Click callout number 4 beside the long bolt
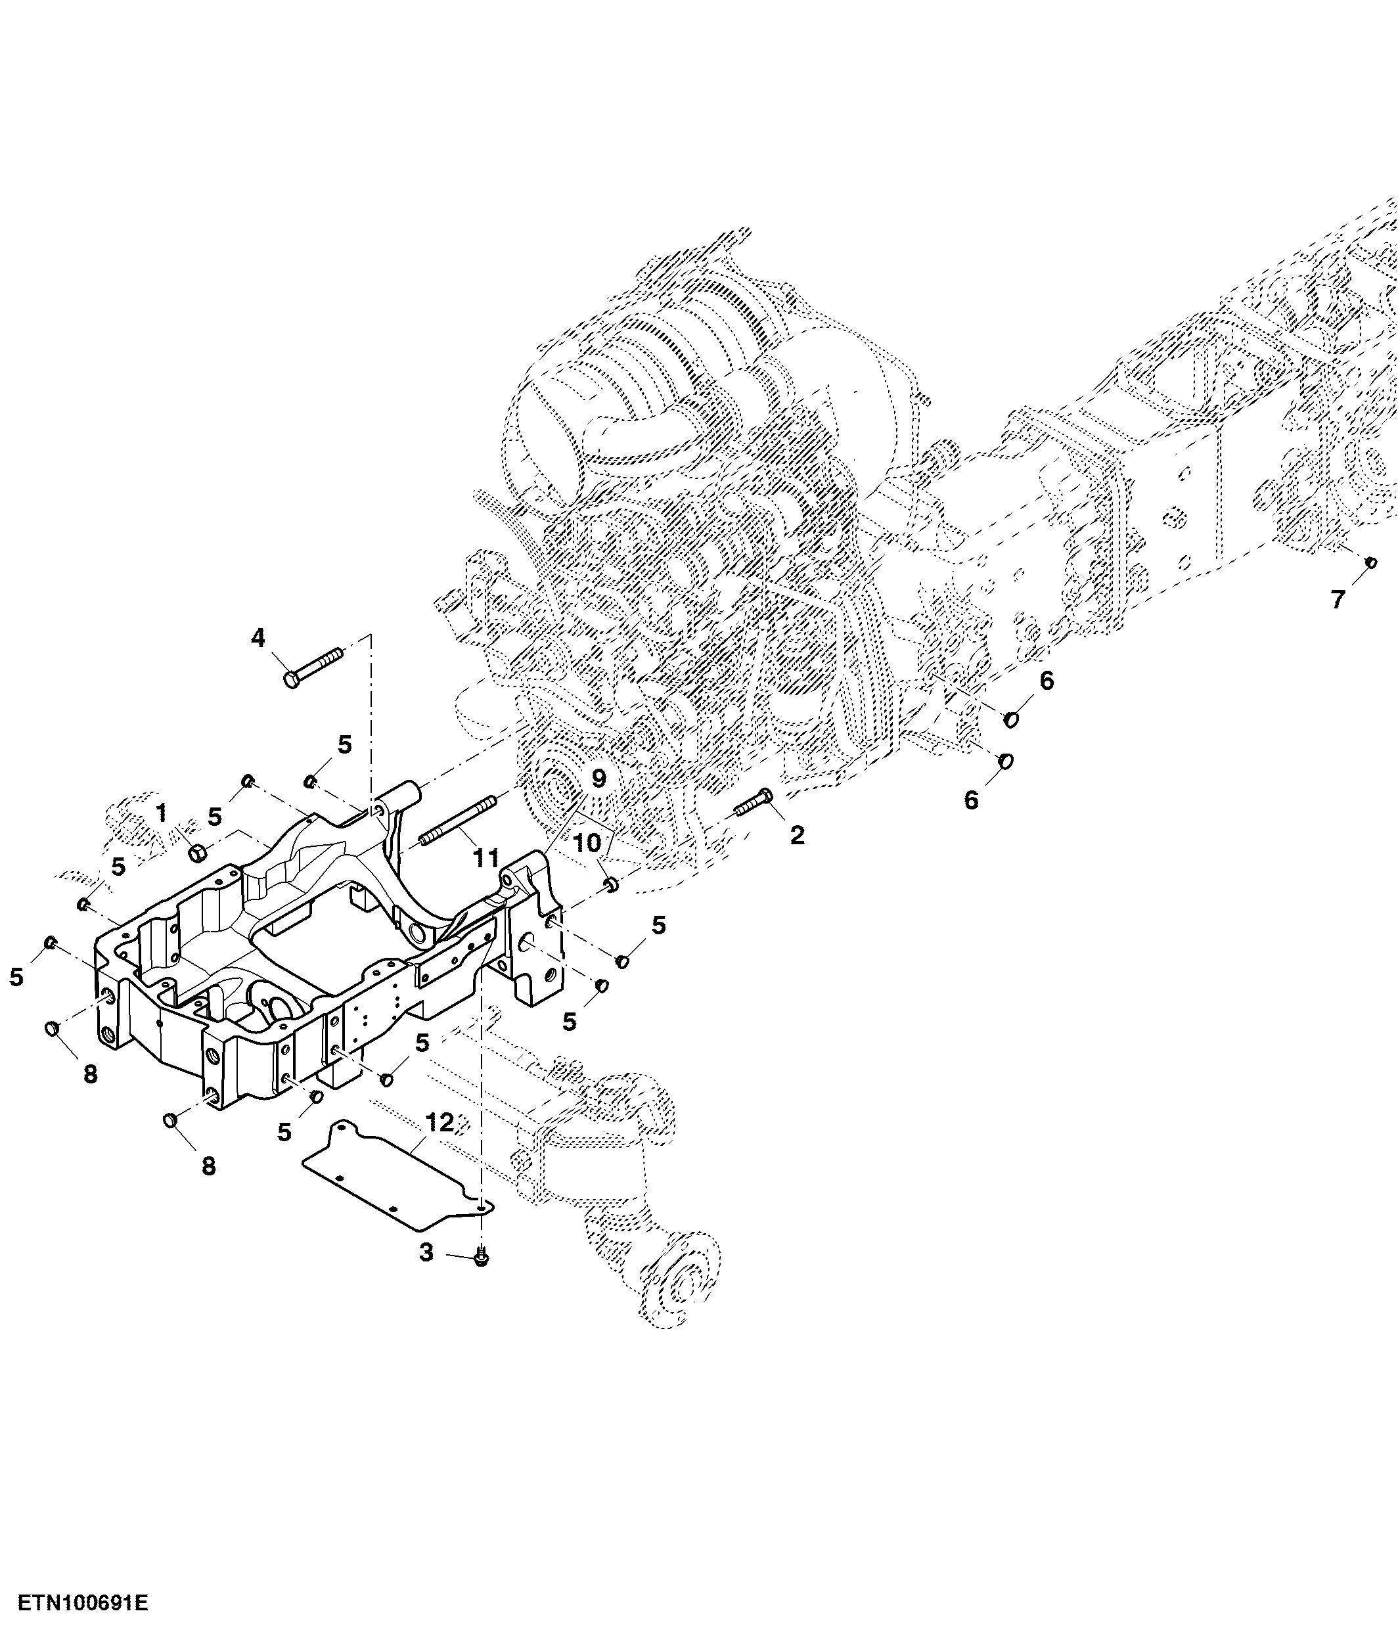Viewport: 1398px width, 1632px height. point(258,638)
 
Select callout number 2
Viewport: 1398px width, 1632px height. point(797,836)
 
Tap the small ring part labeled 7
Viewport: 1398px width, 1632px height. point(1370,562)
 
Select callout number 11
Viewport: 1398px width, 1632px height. point(486,858)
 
